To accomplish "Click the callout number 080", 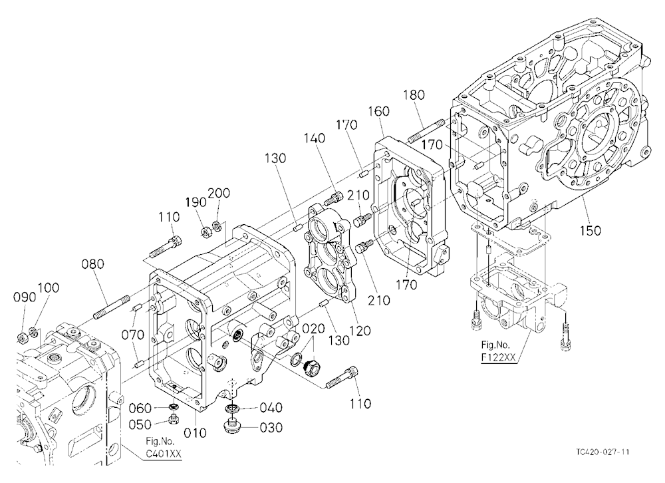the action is pos(92,264).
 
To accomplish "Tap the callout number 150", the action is pos(591,230).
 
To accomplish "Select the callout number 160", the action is pos(379,111).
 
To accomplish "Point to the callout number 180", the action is pos(414,94).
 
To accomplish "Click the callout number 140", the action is pos(315,138).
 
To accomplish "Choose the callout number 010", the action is pos(196,433).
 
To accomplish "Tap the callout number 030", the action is pos(271,427).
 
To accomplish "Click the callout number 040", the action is pos(271,407).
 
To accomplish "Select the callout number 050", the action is pos(140,424).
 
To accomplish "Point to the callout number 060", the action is pos(140,408).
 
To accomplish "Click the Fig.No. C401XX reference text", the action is pos(164,447).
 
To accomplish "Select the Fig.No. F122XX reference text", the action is pos(498,351).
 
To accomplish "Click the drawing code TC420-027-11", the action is pos(602,452).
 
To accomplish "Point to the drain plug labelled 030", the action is pos(231,426).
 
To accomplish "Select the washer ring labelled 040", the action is pos(232,408).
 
